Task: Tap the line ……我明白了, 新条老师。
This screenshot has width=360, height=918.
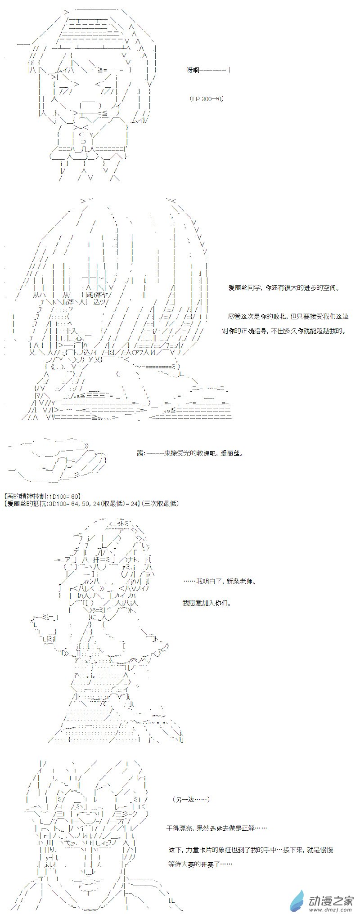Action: (x=220, y=581)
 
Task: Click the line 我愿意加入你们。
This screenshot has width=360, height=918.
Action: (x=207, y=603)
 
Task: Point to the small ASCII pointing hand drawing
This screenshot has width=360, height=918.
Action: (x=58, y=454)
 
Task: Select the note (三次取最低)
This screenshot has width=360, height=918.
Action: (x=160, y=503)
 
